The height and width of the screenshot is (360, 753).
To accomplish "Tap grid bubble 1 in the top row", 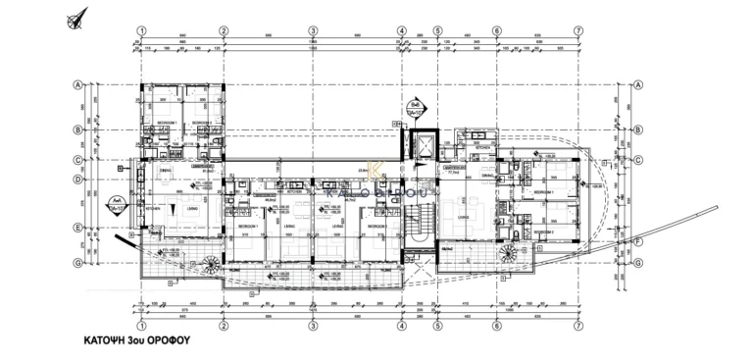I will click(x=142, y=30).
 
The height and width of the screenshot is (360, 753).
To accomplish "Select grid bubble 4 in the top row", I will click(x=402, y=30).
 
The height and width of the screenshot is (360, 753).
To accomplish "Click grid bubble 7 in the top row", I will click(x=579, y=30).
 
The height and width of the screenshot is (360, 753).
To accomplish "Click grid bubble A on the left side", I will click(x=75, y=85).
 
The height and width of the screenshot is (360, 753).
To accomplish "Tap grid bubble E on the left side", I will click(x=75, y=229).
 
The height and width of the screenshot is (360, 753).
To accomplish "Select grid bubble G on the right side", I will click(x=637, y=263).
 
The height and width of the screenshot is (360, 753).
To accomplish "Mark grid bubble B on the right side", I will click(x=637, y=129).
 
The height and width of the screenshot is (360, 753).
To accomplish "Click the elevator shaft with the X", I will click(x=424, y=147).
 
